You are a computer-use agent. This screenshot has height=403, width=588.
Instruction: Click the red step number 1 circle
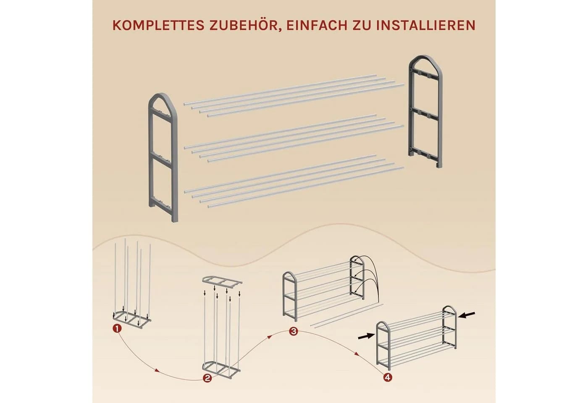[x=117, y=328]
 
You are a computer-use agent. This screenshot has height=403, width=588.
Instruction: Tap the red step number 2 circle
[x=207, y=378]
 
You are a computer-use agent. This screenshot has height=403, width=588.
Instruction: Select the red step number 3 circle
[x=293, y=331]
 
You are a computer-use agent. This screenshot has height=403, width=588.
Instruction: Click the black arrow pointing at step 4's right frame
[x=467, y=315]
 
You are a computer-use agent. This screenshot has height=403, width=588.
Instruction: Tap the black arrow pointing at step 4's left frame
[x=366, y=336]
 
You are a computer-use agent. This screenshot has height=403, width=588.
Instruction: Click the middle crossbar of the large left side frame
[x=163, y=159]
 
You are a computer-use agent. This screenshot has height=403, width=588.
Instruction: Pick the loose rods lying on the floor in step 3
[x=346, y=315]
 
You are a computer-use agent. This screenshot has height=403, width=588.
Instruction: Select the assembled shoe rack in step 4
[x=417, y=338]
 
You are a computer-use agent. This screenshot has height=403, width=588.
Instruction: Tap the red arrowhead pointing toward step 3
[x=270, y=336]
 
